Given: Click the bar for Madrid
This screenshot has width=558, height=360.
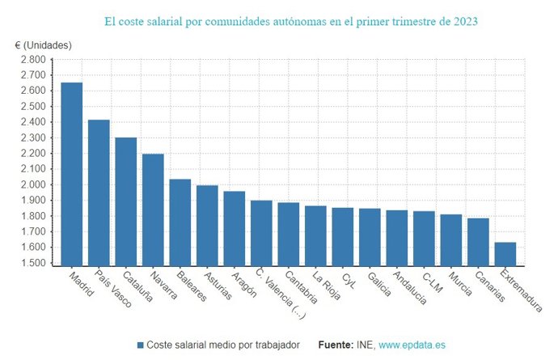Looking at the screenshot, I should tap(71, 174).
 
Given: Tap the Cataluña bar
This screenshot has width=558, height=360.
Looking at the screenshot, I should tap(125, 201).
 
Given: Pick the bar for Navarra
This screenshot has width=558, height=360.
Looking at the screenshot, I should tap(153, 210).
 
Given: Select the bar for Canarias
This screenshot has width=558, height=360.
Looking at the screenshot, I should tap(478, 241).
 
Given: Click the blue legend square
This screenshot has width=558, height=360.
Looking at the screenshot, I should tap(140, 345).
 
